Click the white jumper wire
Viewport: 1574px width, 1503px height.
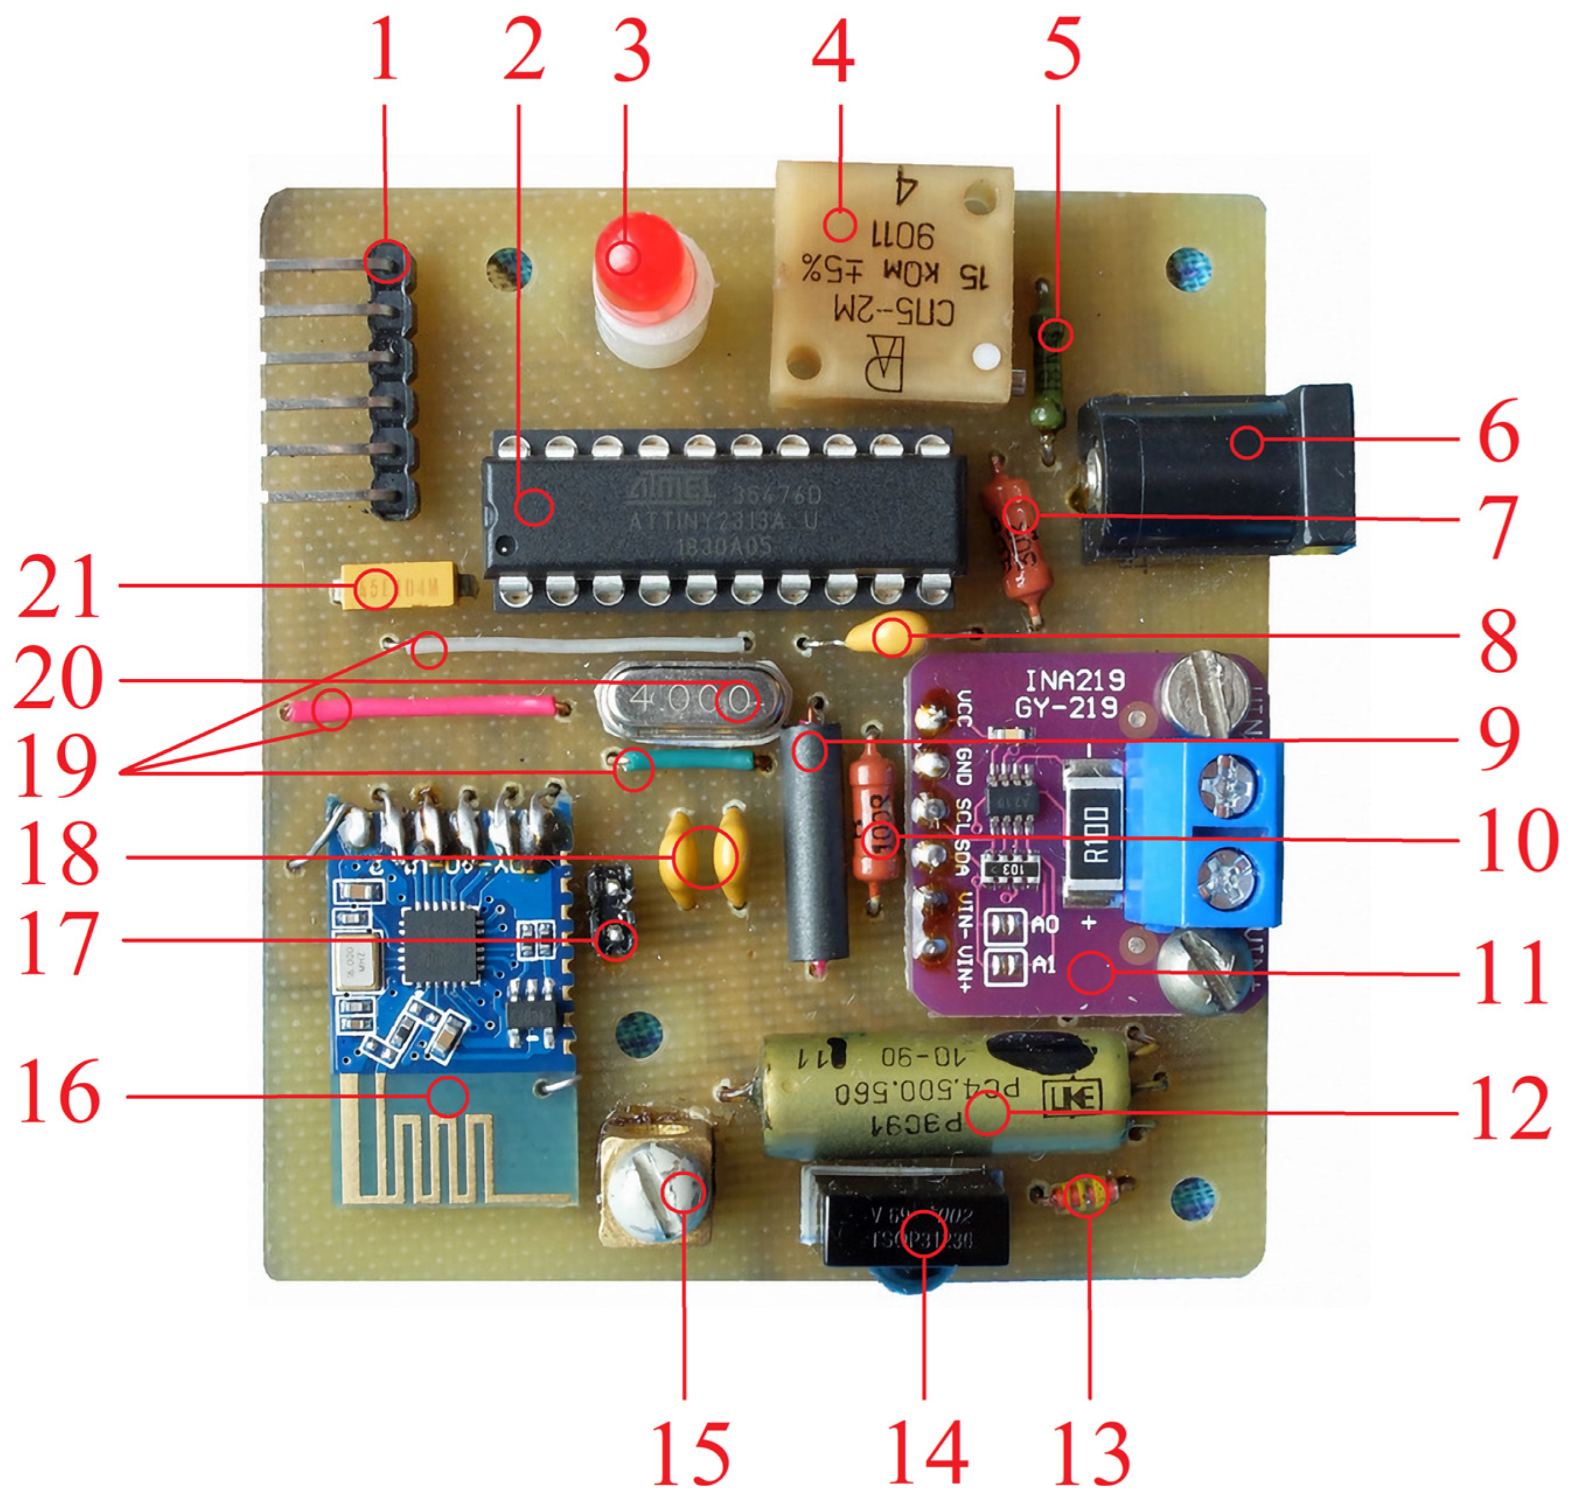click(x=585, y=643)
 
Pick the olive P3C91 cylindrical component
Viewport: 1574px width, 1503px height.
click(x=946, y=1098)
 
